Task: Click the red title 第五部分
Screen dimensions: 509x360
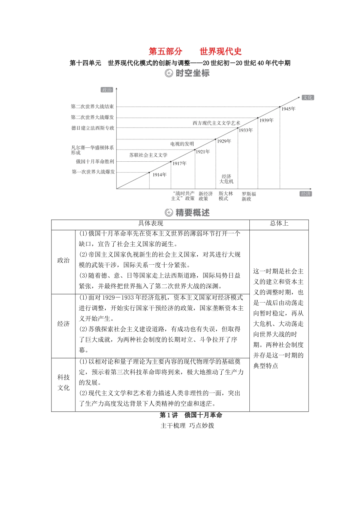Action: (166, 52)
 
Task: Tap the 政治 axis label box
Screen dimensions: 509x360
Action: (107, 90)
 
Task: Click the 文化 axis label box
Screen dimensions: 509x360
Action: (308, 97)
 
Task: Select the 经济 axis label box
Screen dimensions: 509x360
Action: (305, 194)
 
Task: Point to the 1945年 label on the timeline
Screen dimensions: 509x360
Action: (288, 109)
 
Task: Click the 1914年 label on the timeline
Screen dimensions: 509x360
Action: (160, 175)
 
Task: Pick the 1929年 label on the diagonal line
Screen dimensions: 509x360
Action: (224, 141)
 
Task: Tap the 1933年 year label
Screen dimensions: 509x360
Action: (246, 130)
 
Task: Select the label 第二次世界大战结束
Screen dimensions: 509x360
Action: (92, 107)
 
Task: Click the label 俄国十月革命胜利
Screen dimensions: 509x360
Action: (95, 161)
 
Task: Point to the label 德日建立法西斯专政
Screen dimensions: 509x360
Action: (93, 128)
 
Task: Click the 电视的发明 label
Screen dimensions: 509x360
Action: (182, 144)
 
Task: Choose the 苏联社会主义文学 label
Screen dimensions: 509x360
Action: (148, 155)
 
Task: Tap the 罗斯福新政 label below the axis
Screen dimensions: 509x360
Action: (249, 196)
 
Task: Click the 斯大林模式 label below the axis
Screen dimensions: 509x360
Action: (225, 196)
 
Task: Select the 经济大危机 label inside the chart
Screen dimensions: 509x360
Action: (227, 179)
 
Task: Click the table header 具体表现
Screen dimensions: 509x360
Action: (150, 223)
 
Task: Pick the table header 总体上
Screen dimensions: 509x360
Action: (279, 223)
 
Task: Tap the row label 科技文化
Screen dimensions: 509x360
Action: (64, 383)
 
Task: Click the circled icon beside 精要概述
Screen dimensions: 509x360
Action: (169, 213)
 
